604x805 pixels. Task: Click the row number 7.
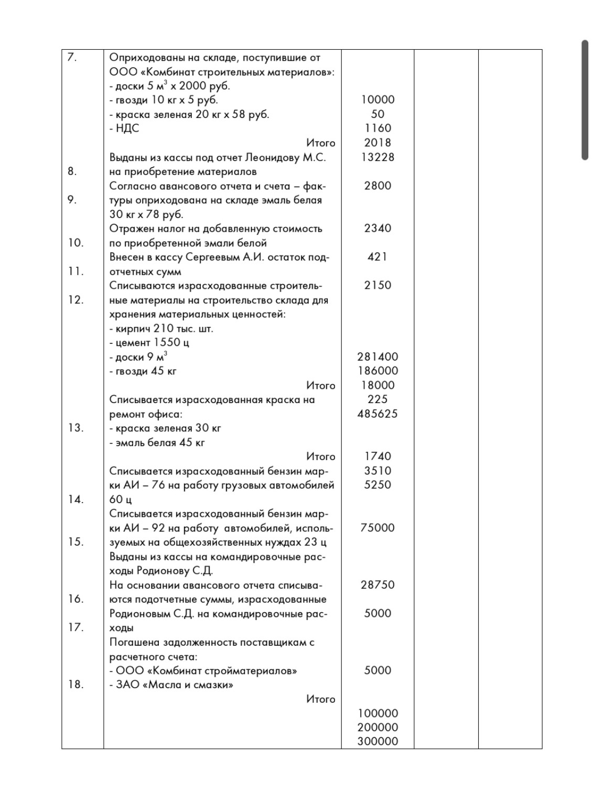[72, 58]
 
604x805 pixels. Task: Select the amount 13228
[377, 157]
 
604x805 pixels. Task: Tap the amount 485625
[377, 414]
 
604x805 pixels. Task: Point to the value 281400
[377, 356]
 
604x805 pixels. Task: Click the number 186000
[377, 371]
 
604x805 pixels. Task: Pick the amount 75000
[377, 528]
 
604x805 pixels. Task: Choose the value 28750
[377, 585]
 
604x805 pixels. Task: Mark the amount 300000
[377, 741]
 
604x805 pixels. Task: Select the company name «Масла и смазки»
[188, 685]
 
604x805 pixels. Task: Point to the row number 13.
[75, 428]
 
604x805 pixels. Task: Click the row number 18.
[75, 684]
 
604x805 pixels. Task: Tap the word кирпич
[133, 329]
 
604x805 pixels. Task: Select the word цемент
[133, 343]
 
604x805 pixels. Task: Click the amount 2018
[377, 143]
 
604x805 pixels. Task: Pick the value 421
[377, 257]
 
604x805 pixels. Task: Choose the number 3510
[377, 471]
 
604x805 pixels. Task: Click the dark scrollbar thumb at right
[585, 100]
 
